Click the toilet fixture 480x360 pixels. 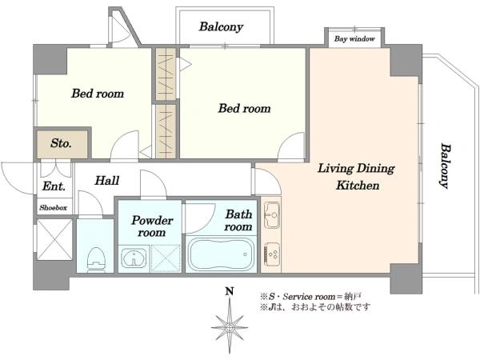(97, 259)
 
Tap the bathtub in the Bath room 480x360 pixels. (221, 254)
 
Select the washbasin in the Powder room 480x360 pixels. (134, 258)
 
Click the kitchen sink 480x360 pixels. (271, 215)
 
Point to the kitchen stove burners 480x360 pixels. (271, 254)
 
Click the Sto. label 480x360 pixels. (61, 143)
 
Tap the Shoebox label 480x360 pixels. (54, 208)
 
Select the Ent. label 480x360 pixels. (54, 186)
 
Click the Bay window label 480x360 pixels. (354, 39)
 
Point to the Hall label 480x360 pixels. (107, 180)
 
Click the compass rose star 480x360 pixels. (230, 327)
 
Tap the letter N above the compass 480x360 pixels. (230, 291)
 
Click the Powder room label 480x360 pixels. (152, 226)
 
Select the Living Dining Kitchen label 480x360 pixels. (357, 177)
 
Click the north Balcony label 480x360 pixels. (221, 27)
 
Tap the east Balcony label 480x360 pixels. (446, 166)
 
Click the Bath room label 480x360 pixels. (238, 221)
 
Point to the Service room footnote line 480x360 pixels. (311, 296)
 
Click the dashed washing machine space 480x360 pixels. (166, 258)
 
